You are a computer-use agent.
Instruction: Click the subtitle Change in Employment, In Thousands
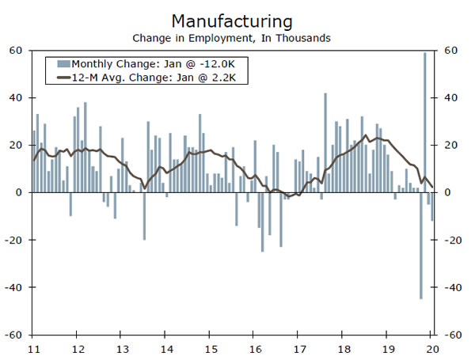(x=231, y=36)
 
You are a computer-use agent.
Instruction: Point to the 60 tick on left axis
(x=14, y=51)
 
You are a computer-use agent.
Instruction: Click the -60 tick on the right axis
(x=451, y=335)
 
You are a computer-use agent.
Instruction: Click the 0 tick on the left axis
(x=19, y=192)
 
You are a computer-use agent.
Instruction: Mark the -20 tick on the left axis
(x=14, y=240)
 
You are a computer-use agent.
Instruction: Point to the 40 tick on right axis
(x=450, y=98)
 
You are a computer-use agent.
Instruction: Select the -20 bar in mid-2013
(x=144, y=216)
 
